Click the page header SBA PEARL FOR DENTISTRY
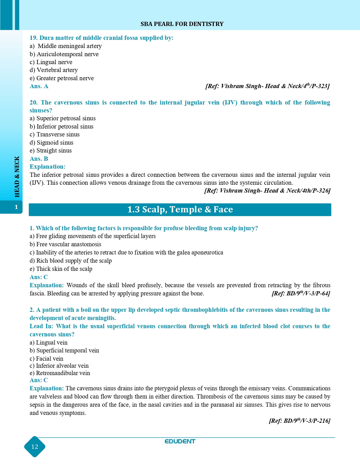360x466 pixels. point(182,24)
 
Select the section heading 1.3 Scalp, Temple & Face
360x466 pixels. point(180,210)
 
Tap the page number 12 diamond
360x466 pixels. point(35,447)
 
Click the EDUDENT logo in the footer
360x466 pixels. point(180,441)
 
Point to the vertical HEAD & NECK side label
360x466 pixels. point(17,177)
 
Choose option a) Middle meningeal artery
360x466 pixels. point(66,46)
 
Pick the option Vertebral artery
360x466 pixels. point(54,70)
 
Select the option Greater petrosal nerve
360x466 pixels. point(62,78)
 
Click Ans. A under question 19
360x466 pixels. point(39,86)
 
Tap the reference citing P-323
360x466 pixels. point(267,86)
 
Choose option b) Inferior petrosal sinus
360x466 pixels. point(62,127)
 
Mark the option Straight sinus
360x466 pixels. point(51,151)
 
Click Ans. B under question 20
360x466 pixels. point(39,159)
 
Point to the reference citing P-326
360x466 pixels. point(267,191)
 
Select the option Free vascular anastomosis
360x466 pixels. point(65,244)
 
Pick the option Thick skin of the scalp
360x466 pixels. point(61,269)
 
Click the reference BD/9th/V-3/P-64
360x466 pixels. point(301,293)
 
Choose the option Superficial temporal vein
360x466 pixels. point(64,350)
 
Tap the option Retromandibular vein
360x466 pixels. point(60,373)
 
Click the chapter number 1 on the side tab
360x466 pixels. point(16,207)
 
